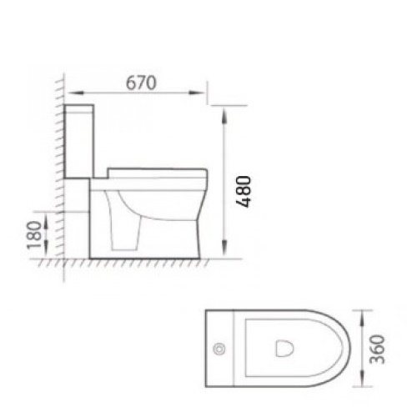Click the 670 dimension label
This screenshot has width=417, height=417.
point(141,83)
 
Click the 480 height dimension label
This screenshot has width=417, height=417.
point(244,192)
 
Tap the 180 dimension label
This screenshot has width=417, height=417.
point(34,235)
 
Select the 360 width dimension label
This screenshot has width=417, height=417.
point(377,349)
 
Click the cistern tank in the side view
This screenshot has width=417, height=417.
point(79,141)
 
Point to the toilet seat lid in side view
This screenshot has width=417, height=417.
point(158,173)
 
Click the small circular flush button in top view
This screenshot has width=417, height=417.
point(219,349)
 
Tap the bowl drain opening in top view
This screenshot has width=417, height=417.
point(284,349)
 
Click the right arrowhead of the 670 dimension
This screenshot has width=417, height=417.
point(197,93)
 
